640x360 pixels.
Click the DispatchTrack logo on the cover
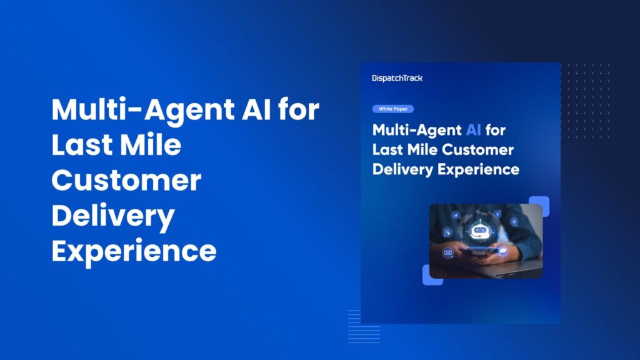(x=397, y=78)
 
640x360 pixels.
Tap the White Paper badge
(x=392, y=109)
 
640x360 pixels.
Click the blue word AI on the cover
(x=473, y=130)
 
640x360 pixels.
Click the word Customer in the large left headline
(x=126, y=181)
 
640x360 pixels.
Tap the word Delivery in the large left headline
(x=112, y=216)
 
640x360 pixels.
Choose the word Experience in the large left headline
(x=134, y=251)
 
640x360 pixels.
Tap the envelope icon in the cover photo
(x=447, y=253)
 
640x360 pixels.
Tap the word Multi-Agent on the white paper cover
(x=416, y=130)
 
